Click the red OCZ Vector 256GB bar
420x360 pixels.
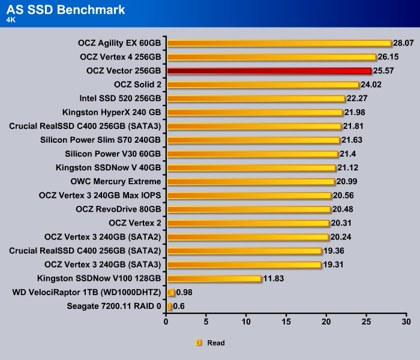[x=269, y=71]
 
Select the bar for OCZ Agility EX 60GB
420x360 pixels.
[x=279, y=43]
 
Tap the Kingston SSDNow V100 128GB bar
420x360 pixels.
[x=214, y=278]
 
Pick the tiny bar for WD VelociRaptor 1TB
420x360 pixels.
[x=171, y=292]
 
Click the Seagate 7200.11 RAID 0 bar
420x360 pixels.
[x=169, y=306]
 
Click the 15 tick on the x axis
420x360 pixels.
[x=286, y=322]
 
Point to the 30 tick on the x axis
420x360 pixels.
[x=406, y=322]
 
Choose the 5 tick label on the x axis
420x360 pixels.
[x=206, y=322]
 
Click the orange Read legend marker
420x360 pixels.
[x=199, y=343]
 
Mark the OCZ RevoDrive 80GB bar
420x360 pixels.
[x=248, y=209]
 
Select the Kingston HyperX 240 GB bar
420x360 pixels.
[x=254, y=112]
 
